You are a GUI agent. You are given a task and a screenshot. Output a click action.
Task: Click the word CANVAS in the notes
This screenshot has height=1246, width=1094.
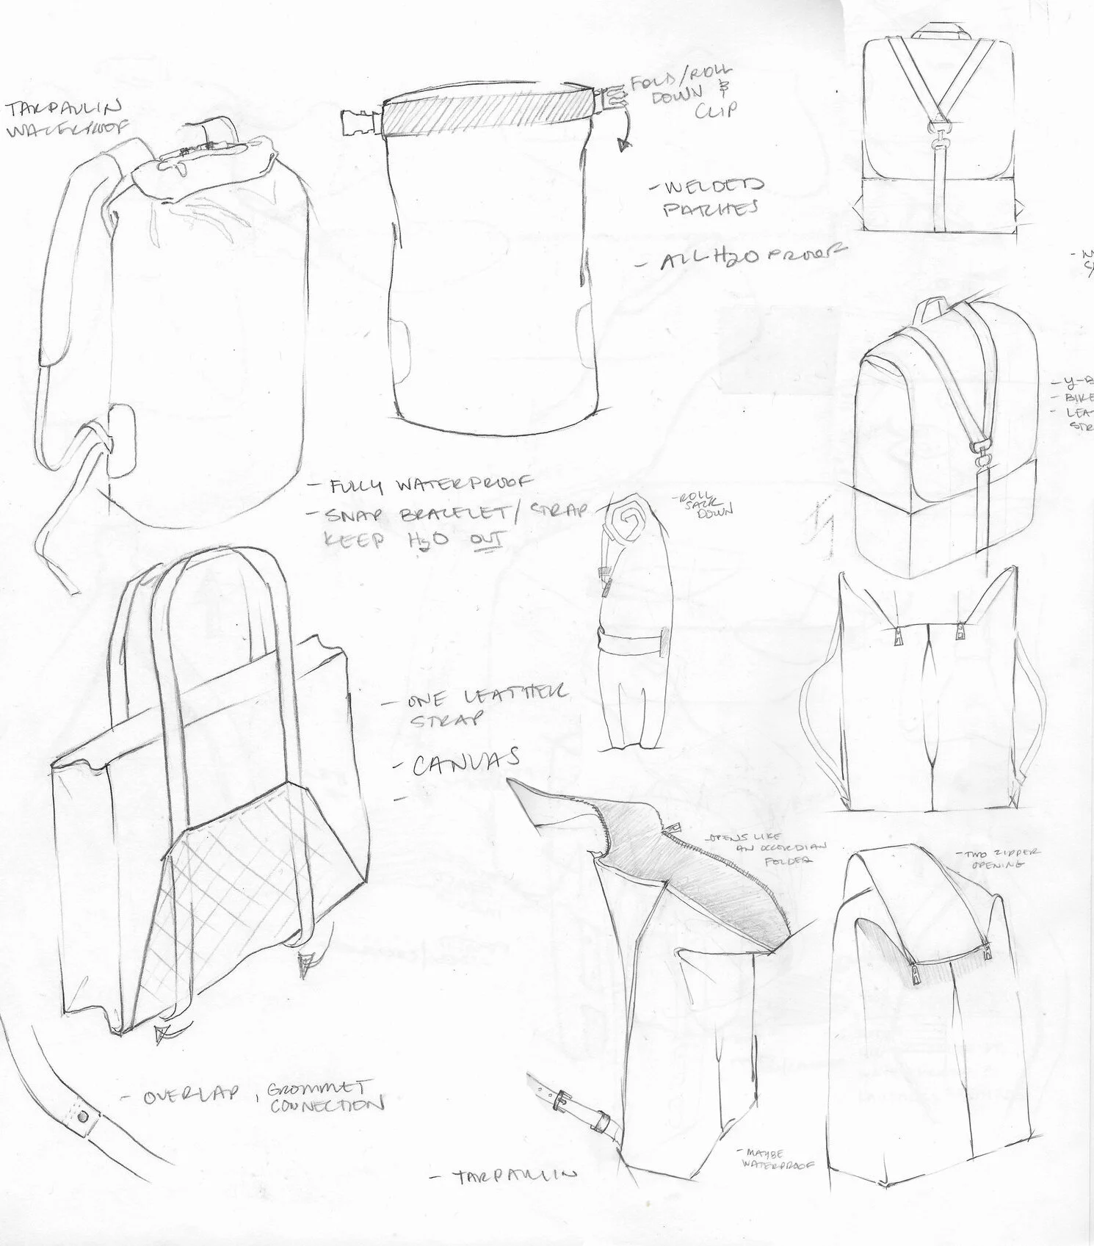pos(466,762)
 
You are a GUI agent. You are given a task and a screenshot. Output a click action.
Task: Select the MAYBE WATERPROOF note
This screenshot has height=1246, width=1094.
pos(772,1158)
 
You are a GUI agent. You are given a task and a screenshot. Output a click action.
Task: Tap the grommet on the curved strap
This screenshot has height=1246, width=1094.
pos(81,1119)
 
